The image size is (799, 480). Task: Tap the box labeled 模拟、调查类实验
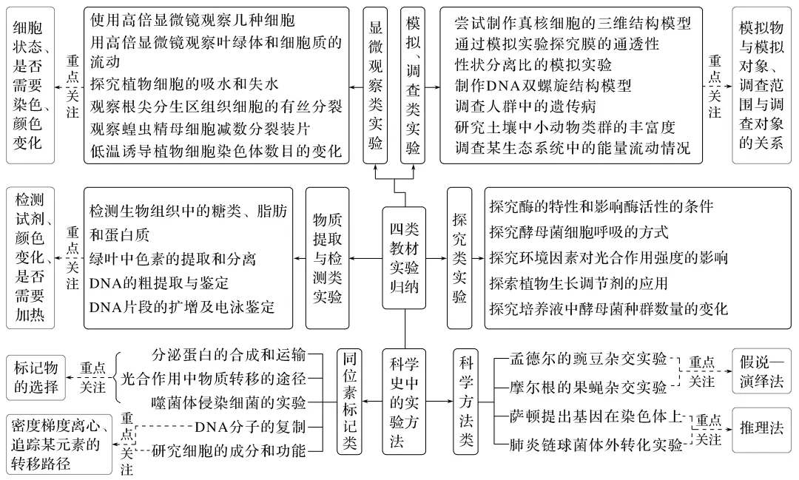(413, 85)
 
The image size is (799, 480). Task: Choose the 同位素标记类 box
(349, 400)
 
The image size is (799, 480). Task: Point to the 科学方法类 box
(466, 400)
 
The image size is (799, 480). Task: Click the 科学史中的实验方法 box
(405, 400)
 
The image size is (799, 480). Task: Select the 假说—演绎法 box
(761, 371)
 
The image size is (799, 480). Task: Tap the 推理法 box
(761, 428)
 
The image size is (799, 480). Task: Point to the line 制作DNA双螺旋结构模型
(543, 85)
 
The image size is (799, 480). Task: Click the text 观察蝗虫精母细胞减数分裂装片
(200, 129)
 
